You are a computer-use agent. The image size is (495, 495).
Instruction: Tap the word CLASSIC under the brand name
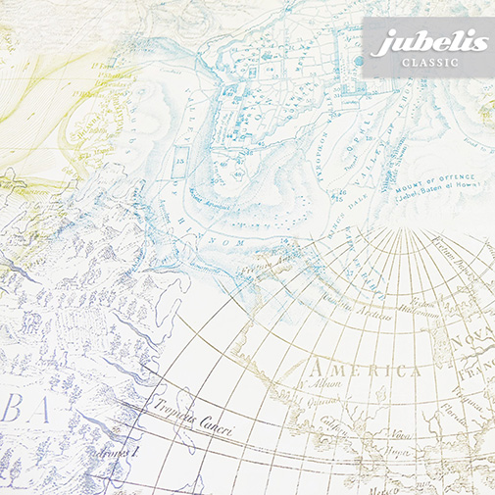point(427,65)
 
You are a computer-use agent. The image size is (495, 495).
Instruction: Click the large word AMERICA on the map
point(364,371)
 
